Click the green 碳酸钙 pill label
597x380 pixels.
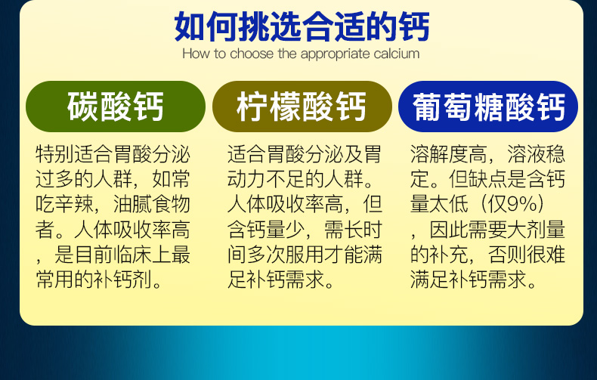pos(116,107)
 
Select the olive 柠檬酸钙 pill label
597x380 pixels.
pos(302,107)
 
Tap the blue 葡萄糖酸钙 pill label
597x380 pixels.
pos(488,107)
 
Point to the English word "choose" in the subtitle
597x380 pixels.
pos(252,54)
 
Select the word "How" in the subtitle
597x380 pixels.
pos(196,54)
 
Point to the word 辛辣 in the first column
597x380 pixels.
pos(74,204)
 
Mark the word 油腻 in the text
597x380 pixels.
pos(132,204)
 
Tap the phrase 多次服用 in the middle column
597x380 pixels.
pos(286,255)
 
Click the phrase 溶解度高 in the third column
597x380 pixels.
pos(450,154)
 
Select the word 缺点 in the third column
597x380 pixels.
pos(488,179)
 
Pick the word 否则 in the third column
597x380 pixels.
pos(508,255)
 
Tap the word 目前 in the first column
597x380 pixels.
pos(94,255)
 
